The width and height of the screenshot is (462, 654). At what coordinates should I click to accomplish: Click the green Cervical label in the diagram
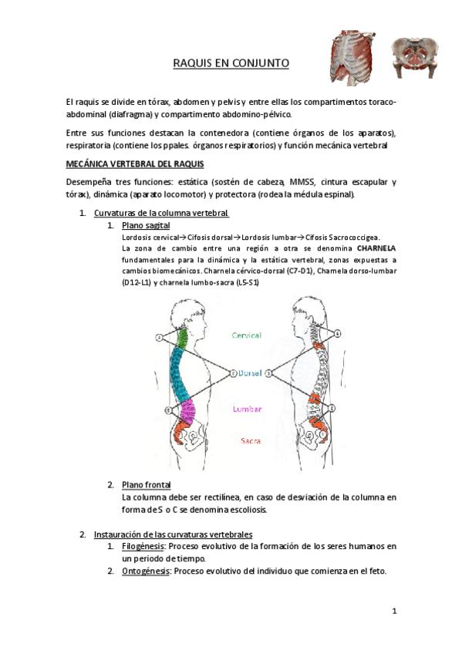coord(246,335)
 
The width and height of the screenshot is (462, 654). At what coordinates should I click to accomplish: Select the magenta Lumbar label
coord(247,409)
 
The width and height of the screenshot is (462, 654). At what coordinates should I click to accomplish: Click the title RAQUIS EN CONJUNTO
coord(231,64)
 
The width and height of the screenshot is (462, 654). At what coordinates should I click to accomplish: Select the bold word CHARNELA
coord(376,249)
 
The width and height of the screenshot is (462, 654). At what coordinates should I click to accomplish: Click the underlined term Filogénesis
coord(142,546)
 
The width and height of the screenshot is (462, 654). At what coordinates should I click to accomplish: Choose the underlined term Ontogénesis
coord(144,571)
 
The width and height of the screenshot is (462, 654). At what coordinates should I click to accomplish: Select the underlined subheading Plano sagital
coord(146,225)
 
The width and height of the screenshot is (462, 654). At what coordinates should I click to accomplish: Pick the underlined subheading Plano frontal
coord(147,484)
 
